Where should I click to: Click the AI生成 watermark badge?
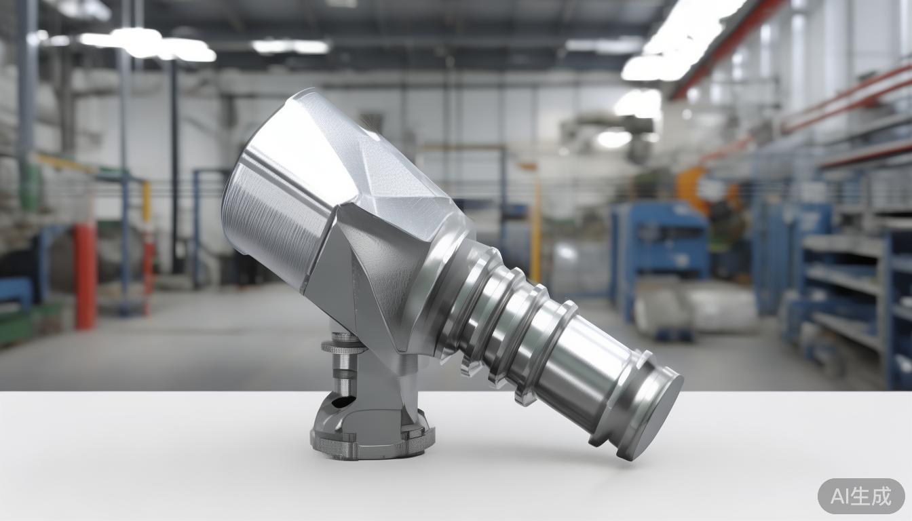pyautogui.click(x=860, y=496)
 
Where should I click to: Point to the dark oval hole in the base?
pyautogui.click(x=341, y=402)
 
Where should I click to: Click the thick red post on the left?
pyautogui.click(x=85, y=275)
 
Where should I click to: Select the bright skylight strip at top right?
pyautogui.click(x=685, y=34)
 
